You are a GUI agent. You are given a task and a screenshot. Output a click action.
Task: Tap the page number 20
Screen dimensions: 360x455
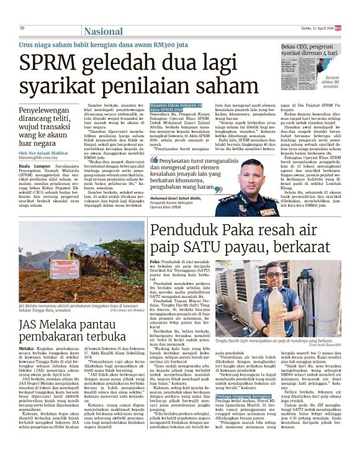22,28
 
